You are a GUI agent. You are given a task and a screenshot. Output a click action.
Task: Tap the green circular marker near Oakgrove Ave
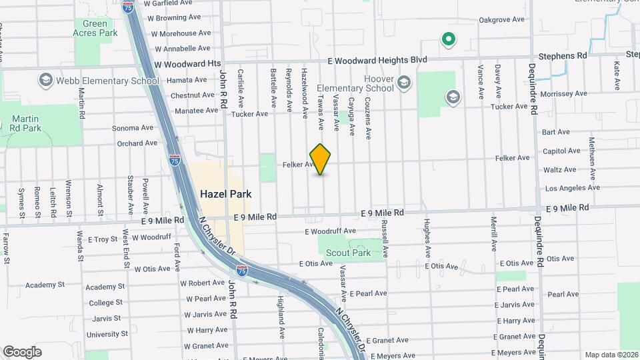click(449, 39)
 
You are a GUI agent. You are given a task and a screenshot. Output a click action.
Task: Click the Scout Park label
click(348, 253)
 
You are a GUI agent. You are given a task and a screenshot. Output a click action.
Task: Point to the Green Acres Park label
click(95, 28)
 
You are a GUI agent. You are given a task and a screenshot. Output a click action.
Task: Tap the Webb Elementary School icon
click(46, 81)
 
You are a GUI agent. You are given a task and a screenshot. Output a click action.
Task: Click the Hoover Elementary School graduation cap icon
click(403, 83)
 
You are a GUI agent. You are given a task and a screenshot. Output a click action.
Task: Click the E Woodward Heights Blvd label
click(378, 60)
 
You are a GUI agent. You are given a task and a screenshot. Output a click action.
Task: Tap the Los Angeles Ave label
click(573, 188)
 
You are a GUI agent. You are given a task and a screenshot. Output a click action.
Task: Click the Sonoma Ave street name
click(133, 128)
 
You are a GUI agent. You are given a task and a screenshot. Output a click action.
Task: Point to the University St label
click(107, 334)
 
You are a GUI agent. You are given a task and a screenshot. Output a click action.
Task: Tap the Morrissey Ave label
click(561, 94)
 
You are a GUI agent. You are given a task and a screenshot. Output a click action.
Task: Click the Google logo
click(22, 351)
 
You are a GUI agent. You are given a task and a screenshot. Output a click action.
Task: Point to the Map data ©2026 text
click(610, 355)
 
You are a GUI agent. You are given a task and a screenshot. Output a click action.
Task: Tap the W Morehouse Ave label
click(175, 33)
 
